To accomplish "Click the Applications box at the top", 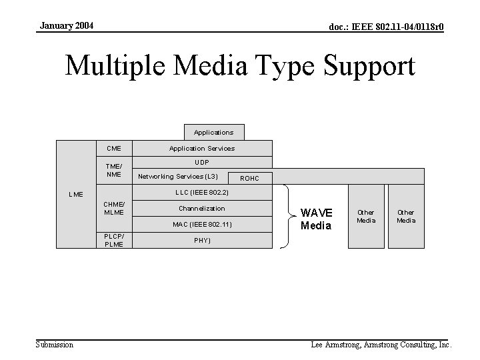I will click(213, 132).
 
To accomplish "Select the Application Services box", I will click(202, 148).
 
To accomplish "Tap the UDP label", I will click(202, 162).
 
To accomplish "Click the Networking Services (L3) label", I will click(177, 176).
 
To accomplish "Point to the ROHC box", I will click(249, 179).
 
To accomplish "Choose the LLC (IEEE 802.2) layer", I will click(202, 192).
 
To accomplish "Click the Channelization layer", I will click(202, 208).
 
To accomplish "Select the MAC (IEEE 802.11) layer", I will click(202, 224).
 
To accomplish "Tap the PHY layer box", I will click(202, 241).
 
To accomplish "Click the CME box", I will click(113, 148).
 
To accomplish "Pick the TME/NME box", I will click(113, 170).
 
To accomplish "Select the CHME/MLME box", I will click(113, 208).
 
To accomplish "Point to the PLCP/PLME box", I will click(113, 240).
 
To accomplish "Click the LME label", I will click(76, 195).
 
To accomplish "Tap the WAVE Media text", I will click(316, 219).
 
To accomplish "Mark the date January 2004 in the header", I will click(67, 26).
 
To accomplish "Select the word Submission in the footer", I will click(55, 345).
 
